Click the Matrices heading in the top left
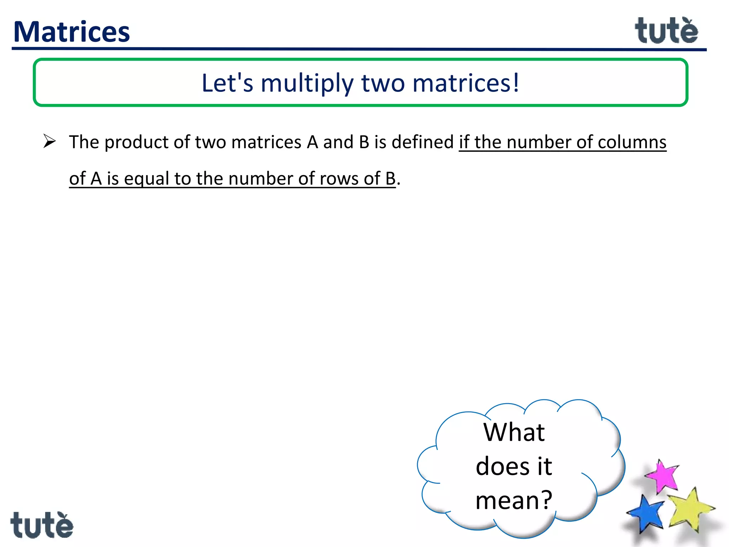(72, 32)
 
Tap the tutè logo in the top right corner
(666, 31)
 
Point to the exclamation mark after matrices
(516, 83)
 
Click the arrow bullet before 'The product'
(49, 141)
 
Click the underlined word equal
(146, 179)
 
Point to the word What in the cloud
(514, 432)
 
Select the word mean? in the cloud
(514, 500)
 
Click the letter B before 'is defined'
(364, 142)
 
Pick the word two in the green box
(383, 83)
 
